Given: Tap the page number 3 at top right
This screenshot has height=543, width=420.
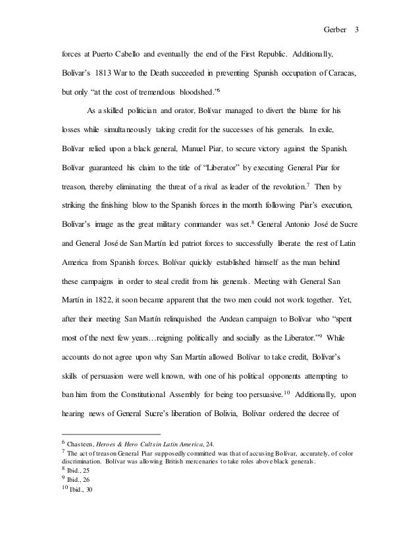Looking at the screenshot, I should [x=357, y=12].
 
